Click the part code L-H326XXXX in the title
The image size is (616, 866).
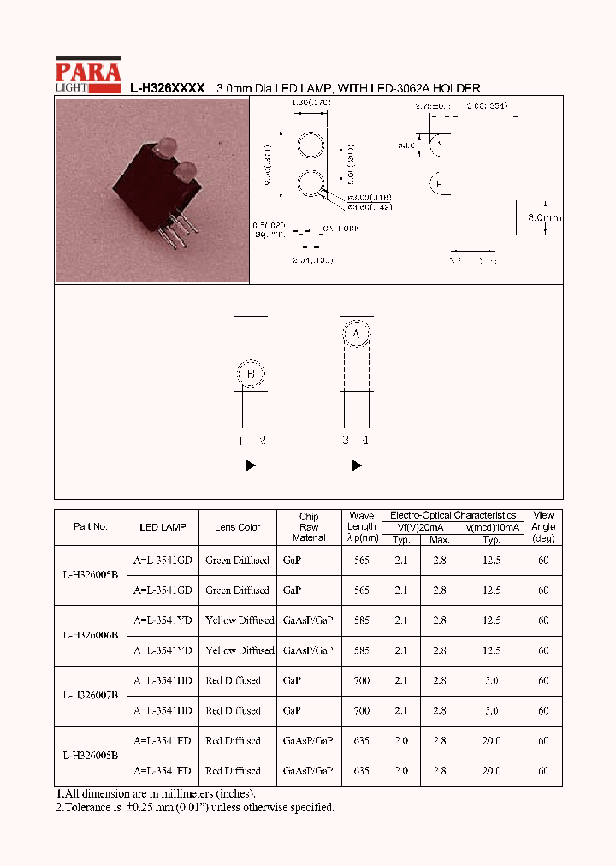tap(167, 88)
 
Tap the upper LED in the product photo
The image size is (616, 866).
tap(165, 145)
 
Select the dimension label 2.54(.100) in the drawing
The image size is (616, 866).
tap(312, 259)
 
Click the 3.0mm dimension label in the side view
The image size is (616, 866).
tap(544, 218)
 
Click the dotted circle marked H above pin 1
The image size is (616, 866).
tap(251, 374)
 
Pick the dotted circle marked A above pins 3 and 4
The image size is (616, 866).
tap(357, 333)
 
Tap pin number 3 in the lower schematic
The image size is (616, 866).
tap(346, 441)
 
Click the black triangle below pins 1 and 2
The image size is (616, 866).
tap(251, 466)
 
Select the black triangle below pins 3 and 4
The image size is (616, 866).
tap(357, 466)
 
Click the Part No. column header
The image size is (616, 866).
tap(91, 527)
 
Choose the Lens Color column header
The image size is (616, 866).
tap(237, 527)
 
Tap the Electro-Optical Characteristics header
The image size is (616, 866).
tap(453, 515)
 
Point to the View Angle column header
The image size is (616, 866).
tap(543, 527)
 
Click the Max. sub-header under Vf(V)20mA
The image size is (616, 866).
tap(440, 540)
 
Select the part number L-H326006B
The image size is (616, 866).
tap(91, 635)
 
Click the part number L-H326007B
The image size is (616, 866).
tap(91, 696)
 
